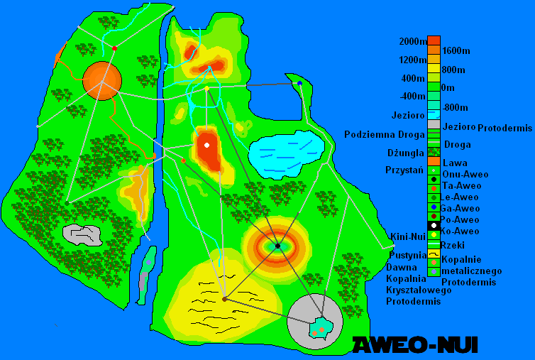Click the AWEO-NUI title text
coord(415,345)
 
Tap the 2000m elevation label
coord(413,41)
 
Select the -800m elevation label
coord(455,107)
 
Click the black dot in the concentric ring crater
coord(277,246)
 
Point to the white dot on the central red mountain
coord(206,145)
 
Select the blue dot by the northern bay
coord(299,83)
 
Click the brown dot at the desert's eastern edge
coord(224,299)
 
